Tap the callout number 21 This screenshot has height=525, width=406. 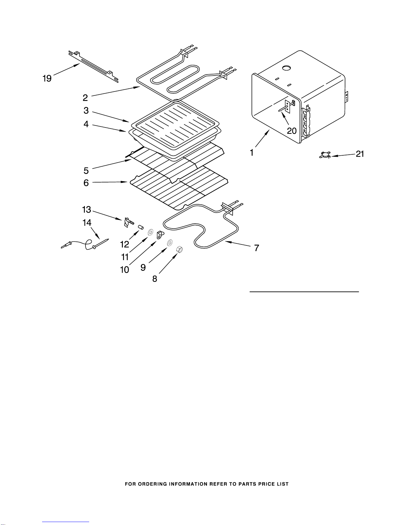coord(360,154)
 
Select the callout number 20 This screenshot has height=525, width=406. coord(292,131)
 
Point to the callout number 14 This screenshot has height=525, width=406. coord(87,223)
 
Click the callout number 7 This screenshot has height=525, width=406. coord(257,248)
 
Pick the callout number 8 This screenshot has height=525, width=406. coord(155,279)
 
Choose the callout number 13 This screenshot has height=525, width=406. coord(87,209)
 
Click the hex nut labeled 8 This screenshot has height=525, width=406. coord(179,249)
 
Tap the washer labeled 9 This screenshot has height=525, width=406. coord(170,243)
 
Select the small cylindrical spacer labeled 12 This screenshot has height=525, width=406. coord(141,227)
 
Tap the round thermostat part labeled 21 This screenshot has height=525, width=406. coord(325,155)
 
